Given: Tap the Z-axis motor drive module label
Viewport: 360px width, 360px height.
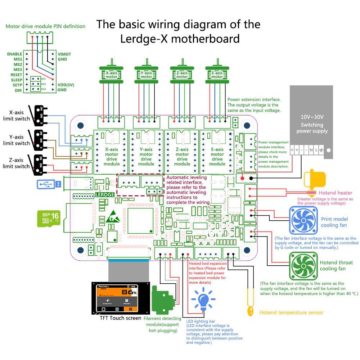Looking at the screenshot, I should pyautogui.click(x=182, y=157).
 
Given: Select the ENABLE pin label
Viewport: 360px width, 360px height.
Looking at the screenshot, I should pyautogui.click(x=14, y=54).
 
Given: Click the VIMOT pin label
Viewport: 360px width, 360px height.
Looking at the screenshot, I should pyautogui.click(x=64, y=54).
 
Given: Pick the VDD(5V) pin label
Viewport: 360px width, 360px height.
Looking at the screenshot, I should pyautogui.click(x=67, y=85).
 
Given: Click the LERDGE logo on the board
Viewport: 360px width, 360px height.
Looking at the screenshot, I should pyautogui.click(x=105, y=194).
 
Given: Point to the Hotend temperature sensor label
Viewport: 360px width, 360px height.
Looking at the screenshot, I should pyautogui.click(x=291, y=312).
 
